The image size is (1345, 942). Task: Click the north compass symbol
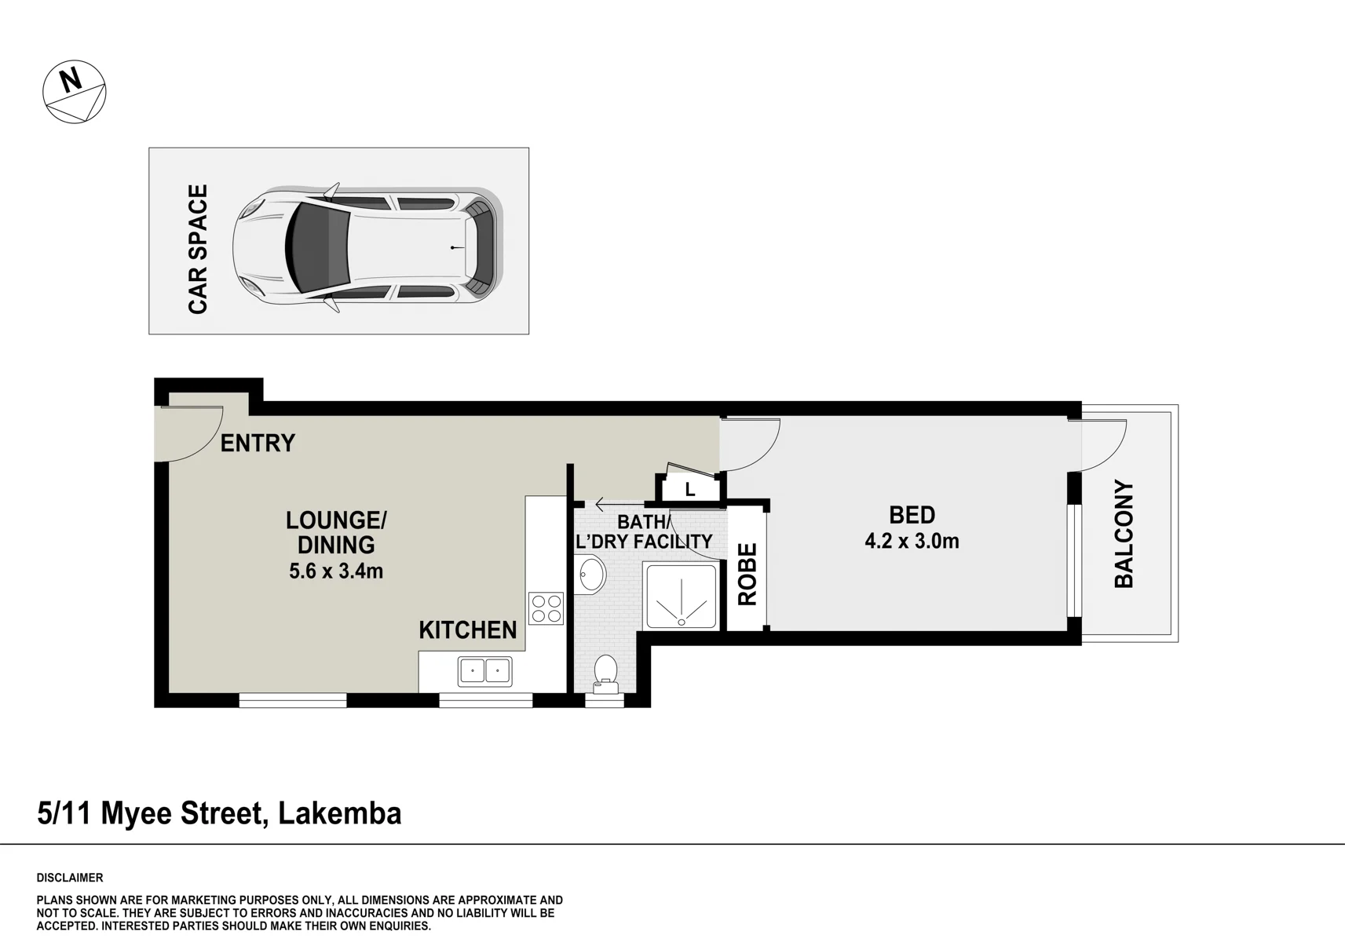pyautogui.click(x=75, y=92)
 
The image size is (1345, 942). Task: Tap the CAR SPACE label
pyautogui.click(x=198, y=249)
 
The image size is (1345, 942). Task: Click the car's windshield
pyautogui.click(x=317, y=249)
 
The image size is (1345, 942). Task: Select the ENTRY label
pyautogui.click(x=258, y=443)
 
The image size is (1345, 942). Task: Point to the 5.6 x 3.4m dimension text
pyautogui.click(x=335, y=571)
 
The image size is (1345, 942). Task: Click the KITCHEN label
pyautogui.click(x=468, y=630)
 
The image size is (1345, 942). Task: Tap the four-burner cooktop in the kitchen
pyautogui.click(x=546, y=608)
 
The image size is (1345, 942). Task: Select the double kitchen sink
pyautogui.click(x=485, y=671)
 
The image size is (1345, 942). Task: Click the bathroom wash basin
pyautogui.click(x=590, y=575)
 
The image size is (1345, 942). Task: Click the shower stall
pyautogui.click(x=681, y=596)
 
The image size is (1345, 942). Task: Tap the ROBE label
pyautogui.click(x=747, y=575)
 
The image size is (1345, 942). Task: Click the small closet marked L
pyautogui.click(x=690, y=489)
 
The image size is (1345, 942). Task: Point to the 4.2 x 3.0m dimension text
pyautogui.click(x=912, y=542)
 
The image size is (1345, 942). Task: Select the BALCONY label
pyautogui.click(x=1124, y=534)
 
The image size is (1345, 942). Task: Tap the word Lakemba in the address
pyautogui.click(x=340, y=814)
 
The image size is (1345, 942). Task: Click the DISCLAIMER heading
pyautogui.click(x=70, y=878)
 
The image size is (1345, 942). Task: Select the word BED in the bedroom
pyautogui.click(x=912, y=515)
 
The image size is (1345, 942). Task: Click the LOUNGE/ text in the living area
pyautogui.click(x=336, y=520)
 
